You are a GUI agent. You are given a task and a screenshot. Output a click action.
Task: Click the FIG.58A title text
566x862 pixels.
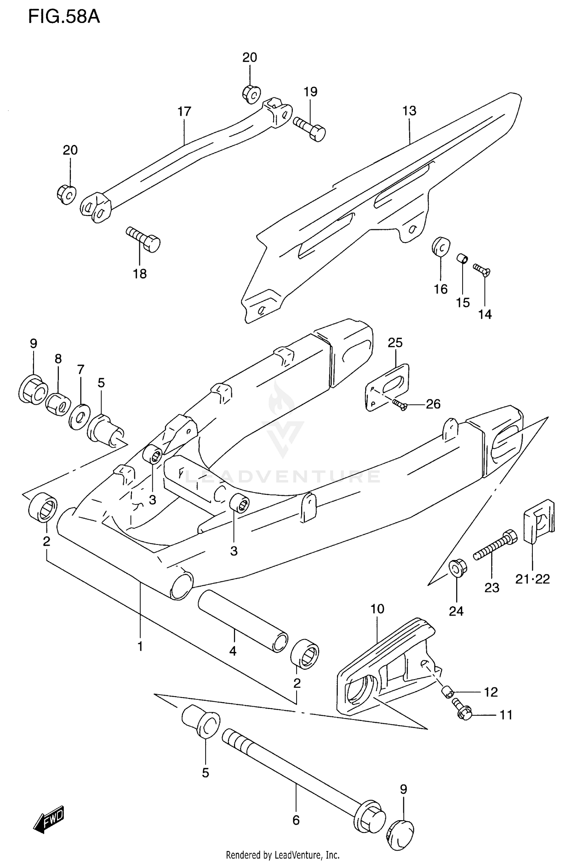tap(64, 17)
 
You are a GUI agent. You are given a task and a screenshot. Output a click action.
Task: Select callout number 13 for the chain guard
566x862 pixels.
tap(409, 111)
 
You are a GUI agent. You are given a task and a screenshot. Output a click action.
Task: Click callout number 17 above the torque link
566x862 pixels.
tap(185, 112)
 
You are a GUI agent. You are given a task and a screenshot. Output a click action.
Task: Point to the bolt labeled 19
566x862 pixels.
tap(310, 128)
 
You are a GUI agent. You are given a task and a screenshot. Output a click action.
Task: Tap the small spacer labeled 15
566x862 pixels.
tap(463, 259)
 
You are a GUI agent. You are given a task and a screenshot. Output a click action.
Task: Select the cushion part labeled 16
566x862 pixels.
tap(441, 246)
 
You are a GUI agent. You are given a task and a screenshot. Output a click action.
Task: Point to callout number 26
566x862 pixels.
tap(433, 404)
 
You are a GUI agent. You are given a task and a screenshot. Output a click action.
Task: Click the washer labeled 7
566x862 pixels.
tap(80, 416)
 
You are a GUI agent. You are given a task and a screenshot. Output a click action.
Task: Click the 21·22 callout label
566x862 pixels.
tap(532, 579)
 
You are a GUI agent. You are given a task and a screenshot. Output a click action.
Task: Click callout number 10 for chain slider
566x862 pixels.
tap(377, 609)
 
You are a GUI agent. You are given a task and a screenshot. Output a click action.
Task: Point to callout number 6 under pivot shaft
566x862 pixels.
tap(296, 820)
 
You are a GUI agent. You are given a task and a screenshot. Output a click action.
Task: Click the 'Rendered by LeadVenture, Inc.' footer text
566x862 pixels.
tap(283, 855)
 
